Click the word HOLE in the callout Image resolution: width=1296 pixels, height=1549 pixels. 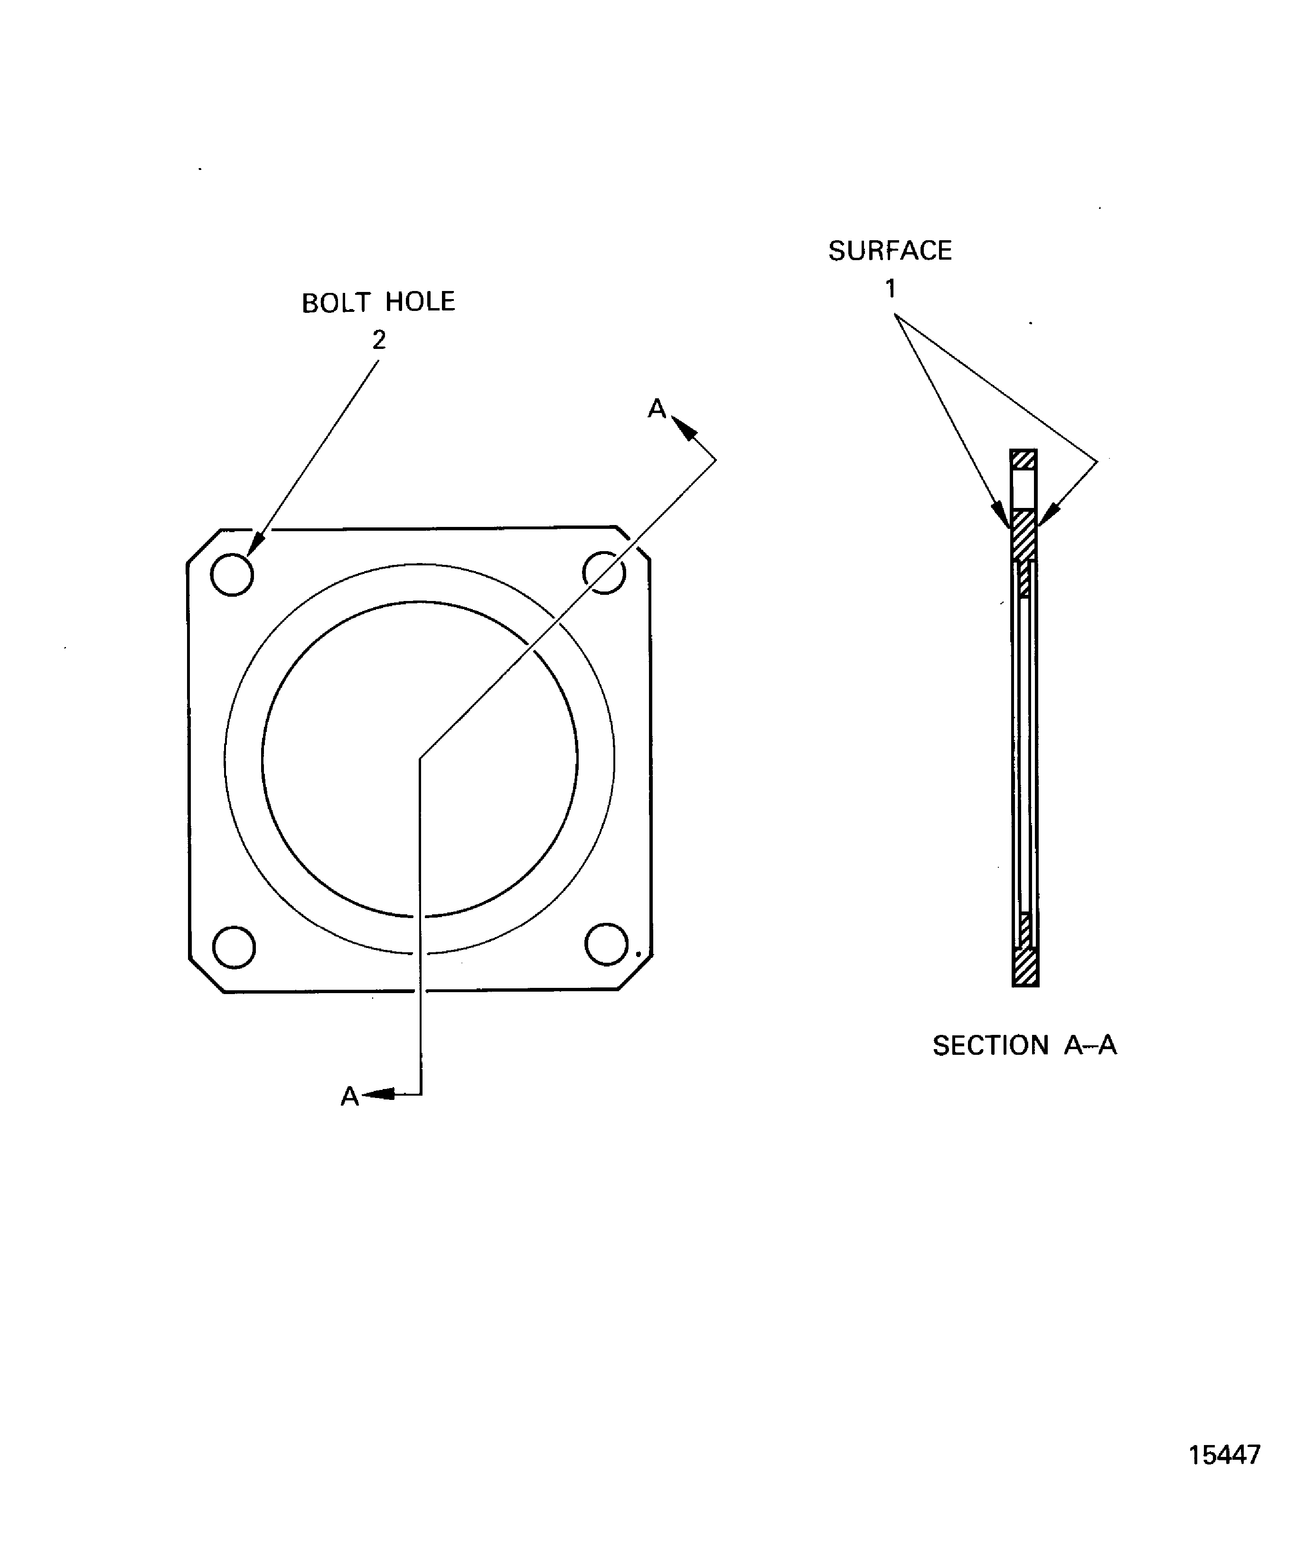[421, 302]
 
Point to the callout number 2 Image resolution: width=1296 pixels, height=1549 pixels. [379, 340]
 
